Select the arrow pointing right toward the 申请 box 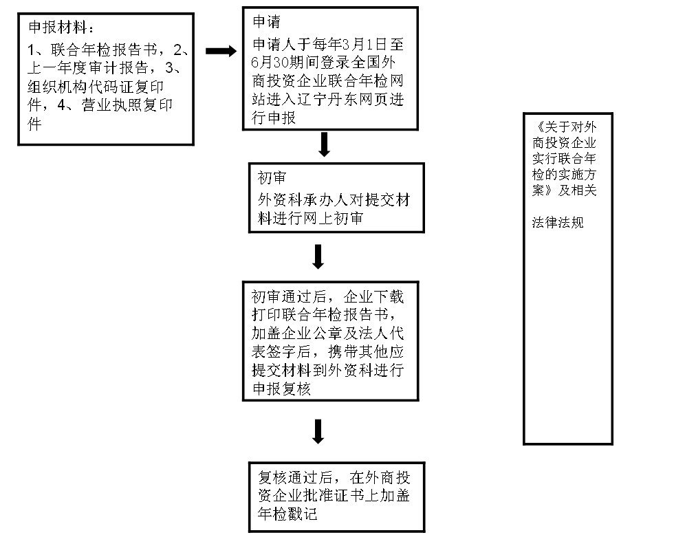221,51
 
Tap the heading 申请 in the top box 267,21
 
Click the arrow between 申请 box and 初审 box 325,144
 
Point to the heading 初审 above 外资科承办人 272,177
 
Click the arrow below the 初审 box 318,256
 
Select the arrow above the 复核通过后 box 318,431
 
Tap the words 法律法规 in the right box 558,222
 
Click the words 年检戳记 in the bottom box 287,513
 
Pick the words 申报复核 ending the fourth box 281,389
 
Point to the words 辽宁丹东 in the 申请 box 327,99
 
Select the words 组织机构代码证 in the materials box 81,87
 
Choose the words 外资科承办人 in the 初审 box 303,200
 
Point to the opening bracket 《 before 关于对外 538,127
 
